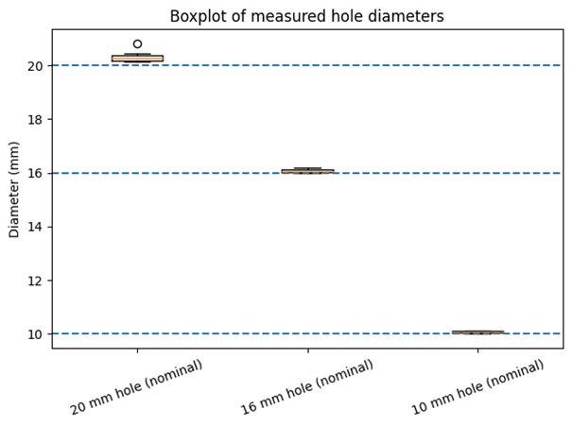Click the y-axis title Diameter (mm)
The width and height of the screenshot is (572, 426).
15,189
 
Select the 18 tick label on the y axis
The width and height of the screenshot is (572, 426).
35,120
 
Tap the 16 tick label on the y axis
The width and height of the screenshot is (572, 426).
35,173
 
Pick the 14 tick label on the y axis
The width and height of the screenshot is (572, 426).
35,227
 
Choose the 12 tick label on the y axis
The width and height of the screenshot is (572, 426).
35,281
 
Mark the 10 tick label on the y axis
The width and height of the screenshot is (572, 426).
35,334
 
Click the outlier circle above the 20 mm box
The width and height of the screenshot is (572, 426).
137,43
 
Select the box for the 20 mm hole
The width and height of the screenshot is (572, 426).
137,59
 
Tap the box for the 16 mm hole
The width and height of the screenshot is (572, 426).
307,171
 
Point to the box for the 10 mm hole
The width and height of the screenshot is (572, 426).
477,332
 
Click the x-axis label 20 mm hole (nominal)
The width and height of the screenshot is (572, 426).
137,387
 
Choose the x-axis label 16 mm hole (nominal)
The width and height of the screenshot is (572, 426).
307,387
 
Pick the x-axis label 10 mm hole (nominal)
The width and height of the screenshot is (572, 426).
477,387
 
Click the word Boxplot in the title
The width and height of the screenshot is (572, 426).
197,16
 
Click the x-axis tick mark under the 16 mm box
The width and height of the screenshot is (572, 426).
307,350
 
